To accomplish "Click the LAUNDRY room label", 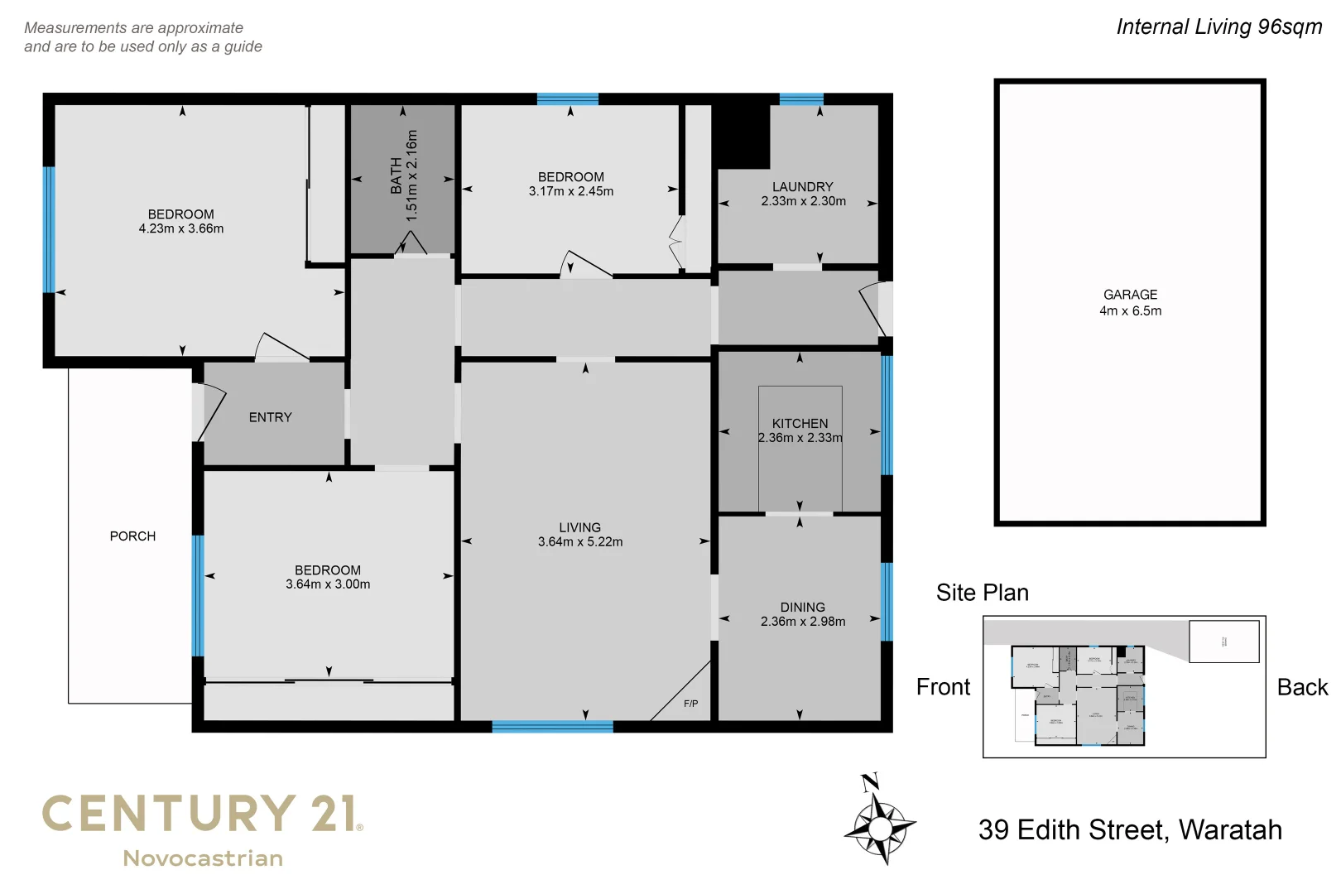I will click(x=802, y=187).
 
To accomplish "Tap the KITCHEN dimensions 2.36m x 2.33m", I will click(x=800, y=438).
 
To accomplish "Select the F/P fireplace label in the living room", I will click(x=690, y=704).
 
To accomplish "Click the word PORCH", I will click(x=132, y=536).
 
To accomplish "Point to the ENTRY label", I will click(x=270, y=417).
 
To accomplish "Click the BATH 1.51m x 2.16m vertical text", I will click(x=404, y=175).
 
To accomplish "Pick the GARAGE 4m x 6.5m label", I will click(x=1130, y=303).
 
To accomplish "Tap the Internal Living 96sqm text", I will click(x=1218, y=26).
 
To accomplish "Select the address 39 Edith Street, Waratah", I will click(x=1130, y=829).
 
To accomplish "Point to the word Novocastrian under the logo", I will click(x=203, y=858).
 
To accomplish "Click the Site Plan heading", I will click(x=982, y=593).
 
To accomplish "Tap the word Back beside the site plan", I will click(x=1301, y=687).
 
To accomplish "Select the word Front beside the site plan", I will click(x=943, y=687).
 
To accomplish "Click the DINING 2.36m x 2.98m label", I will click(x=802, y=614).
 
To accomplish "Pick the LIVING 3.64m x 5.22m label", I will click(x=579, y=535).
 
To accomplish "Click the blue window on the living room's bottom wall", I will click(x=552, y=727).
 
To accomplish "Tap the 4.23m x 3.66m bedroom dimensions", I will click(x=180, y=228).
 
